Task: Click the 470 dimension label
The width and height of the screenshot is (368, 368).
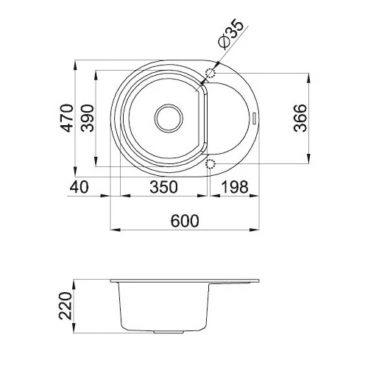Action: tap(67, 118)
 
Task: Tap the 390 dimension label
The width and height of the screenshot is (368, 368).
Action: tap(88, 118)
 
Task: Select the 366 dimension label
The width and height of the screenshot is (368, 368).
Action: tap(300, 118)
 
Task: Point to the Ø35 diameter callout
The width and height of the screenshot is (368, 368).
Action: tap(230, 34)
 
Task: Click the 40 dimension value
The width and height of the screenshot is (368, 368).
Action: tap(79, 187)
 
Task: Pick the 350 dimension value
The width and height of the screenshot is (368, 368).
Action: tap(163, 187)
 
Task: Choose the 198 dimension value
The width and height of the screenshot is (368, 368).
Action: tap(235, 187)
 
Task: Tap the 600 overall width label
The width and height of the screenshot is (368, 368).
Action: tap(185, 221)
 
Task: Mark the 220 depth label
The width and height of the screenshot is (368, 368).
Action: tap(66, 305)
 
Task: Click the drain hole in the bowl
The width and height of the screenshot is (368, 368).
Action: tap(169, 118)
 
